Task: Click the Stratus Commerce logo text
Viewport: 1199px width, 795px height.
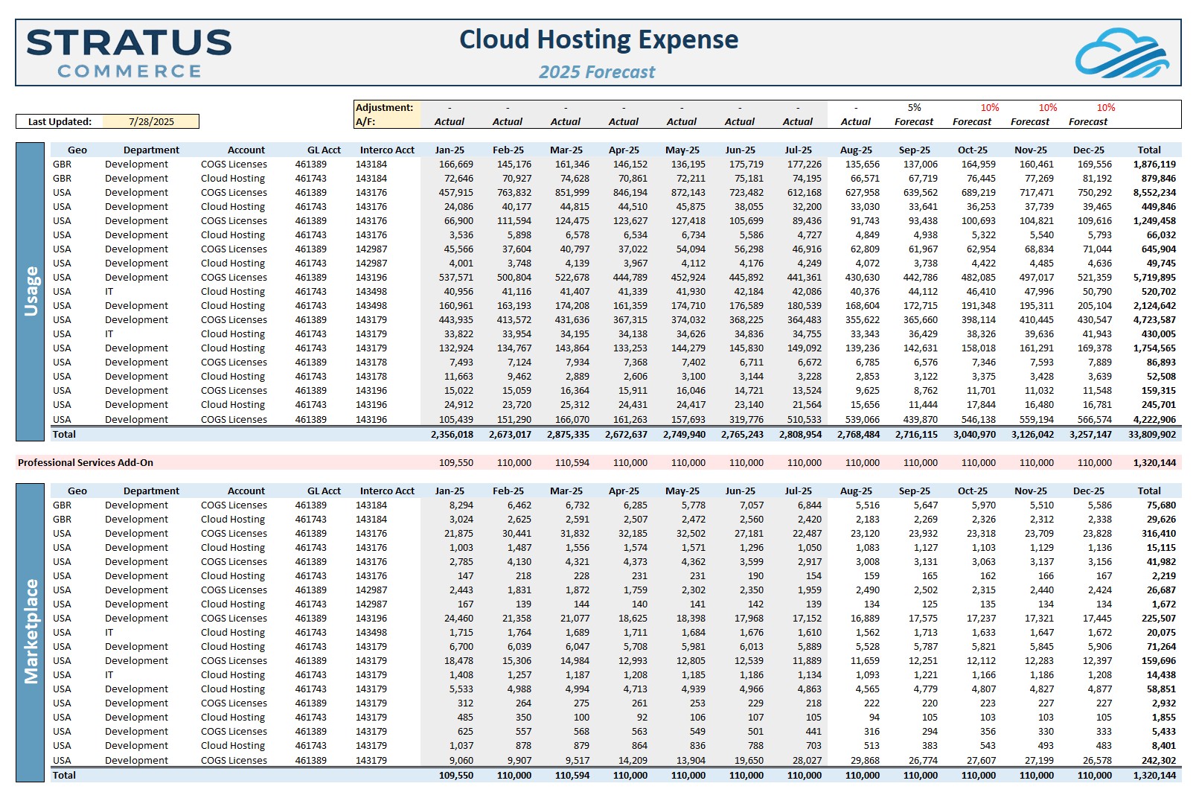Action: click(x=129, y=53)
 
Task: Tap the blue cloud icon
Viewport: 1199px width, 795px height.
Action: click(x=1122, y=53)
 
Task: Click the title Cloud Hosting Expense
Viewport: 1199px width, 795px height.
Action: click(x=598, y=39)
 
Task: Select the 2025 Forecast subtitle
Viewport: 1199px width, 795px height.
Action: click(x=597, y=71)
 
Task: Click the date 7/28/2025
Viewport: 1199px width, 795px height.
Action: click(x=152, y=121)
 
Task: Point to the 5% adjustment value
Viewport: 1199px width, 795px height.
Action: click(x=914, y=108)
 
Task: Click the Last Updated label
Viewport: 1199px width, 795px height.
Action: click(x=60, y=121)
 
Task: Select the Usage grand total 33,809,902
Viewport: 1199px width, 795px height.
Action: click(x=1152, y=434)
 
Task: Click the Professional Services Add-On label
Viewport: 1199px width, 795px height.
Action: click(x=86, y=462)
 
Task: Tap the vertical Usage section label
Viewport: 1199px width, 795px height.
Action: click(x=31, y=291)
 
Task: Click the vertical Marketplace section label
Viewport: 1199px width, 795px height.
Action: click(x=31, y=632)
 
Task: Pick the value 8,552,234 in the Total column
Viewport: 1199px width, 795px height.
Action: click(x=1154, y=193)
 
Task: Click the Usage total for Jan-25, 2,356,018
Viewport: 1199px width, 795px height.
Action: click(x=452, y=434)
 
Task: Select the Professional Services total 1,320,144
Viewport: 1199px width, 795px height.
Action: click(x=1154, y=462)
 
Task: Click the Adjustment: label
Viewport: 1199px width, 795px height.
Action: click(x=384, y=108)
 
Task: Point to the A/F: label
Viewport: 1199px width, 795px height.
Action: click(x=365, y=121)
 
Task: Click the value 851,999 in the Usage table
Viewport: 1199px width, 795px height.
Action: click(x=572, y=193)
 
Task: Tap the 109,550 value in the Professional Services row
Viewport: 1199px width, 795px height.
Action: click(x=456, y=462)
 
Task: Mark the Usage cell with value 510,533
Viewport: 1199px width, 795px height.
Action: click(x=804, y=419)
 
